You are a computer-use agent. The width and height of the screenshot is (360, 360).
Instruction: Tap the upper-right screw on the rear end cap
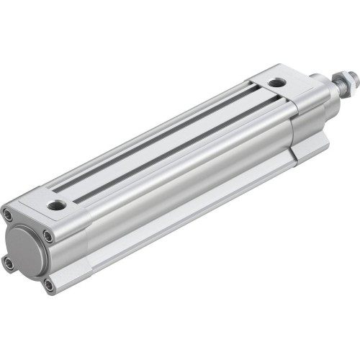point(48,235)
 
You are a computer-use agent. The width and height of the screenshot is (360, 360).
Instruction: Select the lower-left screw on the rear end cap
point(9,264)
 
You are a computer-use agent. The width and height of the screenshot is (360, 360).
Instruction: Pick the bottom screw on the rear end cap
point(48,285)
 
